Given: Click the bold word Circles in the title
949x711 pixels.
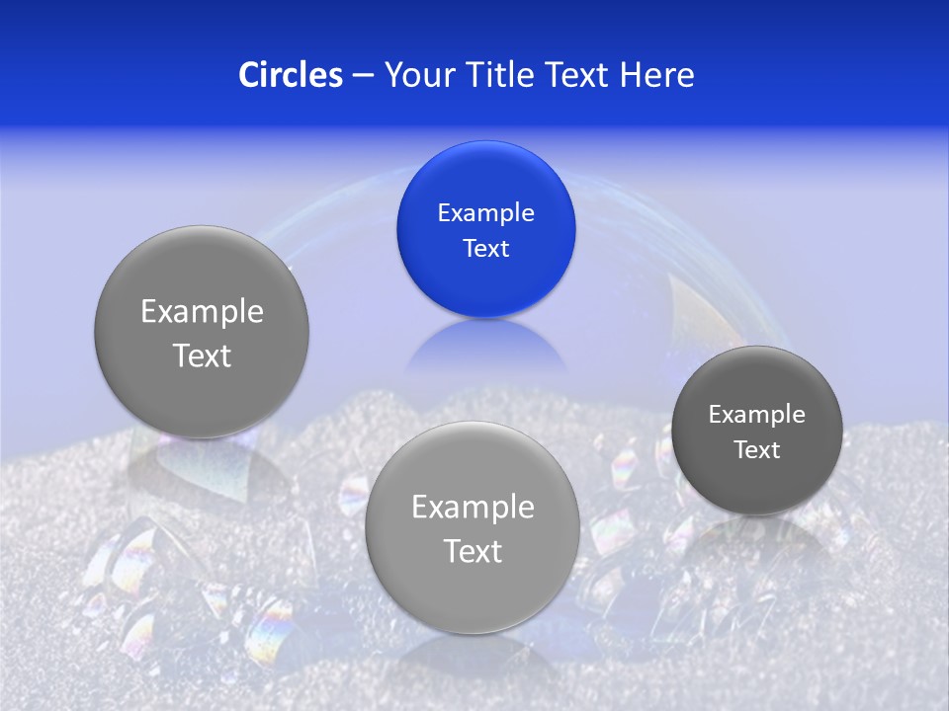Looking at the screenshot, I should click(290, 75).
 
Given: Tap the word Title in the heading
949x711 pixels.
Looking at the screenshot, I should click(498, 75).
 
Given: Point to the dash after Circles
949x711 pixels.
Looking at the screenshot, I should click(363, 76).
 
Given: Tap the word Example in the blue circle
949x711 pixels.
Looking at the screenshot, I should click(485, 213).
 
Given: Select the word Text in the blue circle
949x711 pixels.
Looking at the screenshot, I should click(485, 249).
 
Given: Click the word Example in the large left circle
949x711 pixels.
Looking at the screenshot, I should click(202, 312).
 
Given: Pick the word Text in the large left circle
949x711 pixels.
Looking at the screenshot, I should click(202, 355).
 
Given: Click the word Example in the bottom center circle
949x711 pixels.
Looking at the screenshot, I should click(473, 508).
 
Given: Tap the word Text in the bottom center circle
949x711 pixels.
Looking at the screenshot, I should click(473, 551).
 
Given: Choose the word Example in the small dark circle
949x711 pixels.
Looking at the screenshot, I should click(756, 415).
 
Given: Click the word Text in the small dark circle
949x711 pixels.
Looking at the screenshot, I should click(756, 450).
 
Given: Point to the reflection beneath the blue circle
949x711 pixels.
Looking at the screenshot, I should click(485, 346).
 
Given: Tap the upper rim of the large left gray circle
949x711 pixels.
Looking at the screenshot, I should click(202, 230).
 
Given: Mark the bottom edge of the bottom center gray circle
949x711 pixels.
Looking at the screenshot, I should click(473, 631).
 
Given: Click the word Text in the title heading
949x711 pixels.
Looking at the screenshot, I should click(578, 75).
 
